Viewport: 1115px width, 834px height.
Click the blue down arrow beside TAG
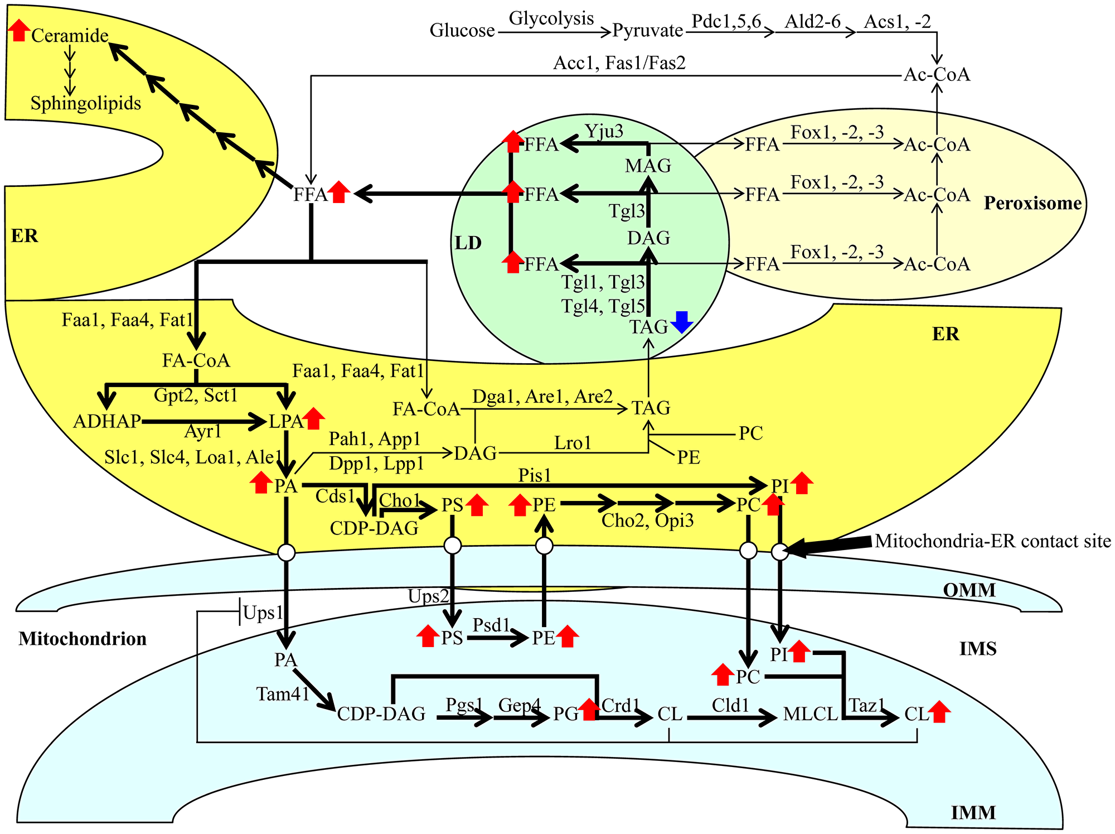(x=682, y=322)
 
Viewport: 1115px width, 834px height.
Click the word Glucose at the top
(x=462, y=30)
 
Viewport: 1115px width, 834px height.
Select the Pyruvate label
(x=647, y=30)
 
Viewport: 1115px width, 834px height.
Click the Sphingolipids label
(x=85, y=103)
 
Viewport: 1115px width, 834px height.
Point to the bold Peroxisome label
(x=1032, y=203)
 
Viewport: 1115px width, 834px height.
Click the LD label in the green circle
(x=468, y=243)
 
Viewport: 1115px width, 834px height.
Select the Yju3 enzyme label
(x=604, y=131)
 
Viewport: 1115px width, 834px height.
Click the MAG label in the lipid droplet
(x=648, y=166)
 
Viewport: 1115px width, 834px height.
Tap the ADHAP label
(x=107, y=421)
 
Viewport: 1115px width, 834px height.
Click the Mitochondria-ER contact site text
(x=993, y=541)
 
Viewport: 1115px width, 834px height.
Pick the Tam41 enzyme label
(x=283, y=694)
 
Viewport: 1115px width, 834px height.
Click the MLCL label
(x=810, y=714)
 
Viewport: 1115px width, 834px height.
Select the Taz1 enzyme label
(x=866, y=706)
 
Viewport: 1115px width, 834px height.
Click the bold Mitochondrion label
(x=83, y=639)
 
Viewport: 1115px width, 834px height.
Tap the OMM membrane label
(x=969, y=590)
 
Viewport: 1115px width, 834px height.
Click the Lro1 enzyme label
(x=573, y=443)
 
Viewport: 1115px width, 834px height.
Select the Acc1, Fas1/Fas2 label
(x=619, y=63)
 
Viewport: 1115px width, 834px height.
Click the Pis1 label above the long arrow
(x=534, y=475)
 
